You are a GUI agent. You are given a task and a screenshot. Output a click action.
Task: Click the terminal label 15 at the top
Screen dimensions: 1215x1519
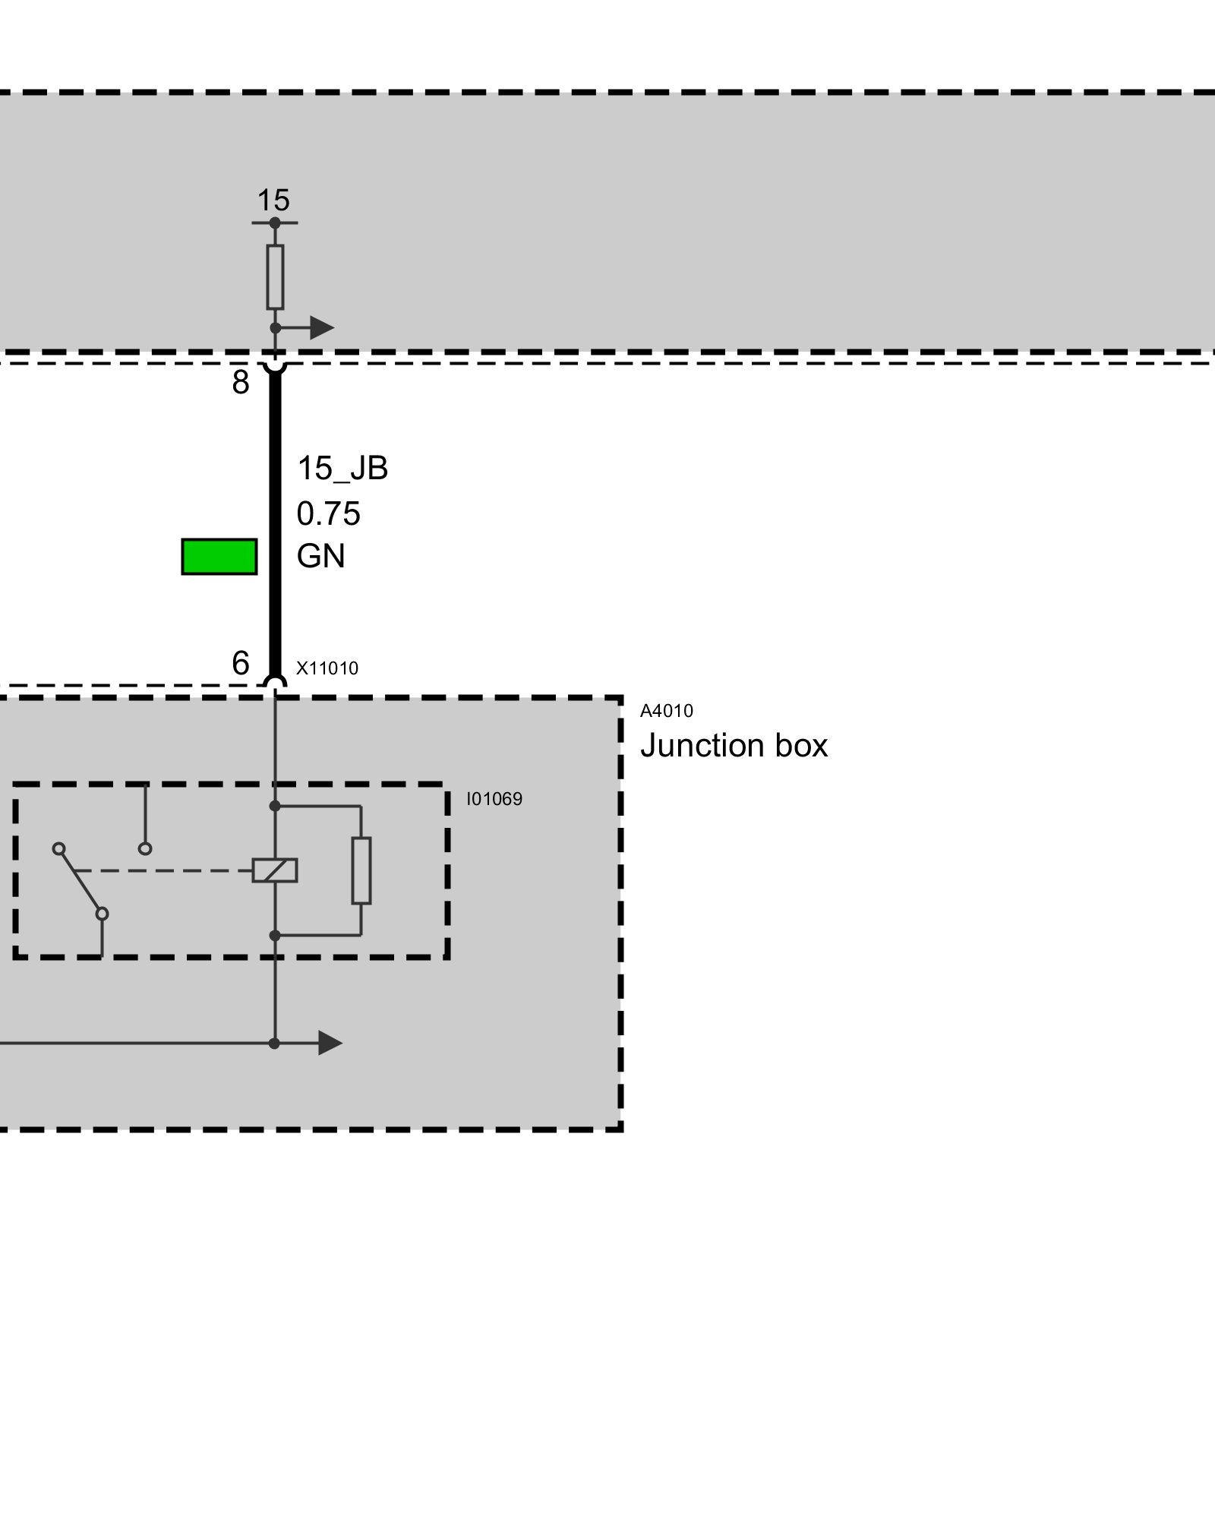pos(273,201)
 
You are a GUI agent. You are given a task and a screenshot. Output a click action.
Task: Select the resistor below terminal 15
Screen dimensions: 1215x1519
pos(275,276)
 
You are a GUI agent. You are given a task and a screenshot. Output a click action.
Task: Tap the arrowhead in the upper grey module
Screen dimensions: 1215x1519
pos(322,328)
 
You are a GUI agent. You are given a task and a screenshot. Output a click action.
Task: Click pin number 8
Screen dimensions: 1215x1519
pos(241,383)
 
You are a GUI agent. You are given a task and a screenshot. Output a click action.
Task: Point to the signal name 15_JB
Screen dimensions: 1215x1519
pos(342,469)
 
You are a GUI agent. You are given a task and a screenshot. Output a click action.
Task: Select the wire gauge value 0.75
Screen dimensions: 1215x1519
pos(328,514)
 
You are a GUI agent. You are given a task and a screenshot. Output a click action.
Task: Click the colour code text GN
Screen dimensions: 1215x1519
pos(320,557)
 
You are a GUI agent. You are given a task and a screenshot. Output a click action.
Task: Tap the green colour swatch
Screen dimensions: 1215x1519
pos(219,557)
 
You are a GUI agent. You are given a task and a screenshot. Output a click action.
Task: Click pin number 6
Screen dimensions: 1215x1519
pos(241,663)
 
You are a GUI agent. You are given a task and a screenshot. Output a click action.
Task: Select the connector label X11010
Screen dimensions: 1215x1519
pos(327,668)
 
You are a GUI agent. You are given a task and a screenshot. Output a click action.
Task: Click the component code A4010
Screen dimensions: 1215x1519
pos(667,711)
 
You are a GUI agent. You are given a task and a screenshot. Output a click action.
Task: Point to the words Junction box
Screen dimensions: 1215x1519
pos(734,746)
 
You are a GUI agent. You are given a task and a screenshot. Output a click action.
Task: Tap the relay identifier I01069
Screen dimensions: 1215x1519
pos(494,799)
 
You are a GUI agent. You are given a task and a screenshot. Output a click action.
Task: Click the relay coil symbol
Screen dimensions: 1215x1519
pos(275,870)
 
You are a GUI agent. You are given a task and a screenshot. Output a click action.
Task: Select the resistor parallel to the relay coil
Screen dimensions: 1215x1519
pos(361,870)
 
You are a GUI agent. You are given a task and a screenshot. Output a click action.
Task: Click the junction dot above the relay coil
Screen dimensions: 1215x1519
pos(275,805)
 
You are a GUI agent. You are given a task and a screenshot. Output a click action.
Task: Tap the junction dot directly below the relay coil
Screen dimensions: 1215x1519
pos(275,936)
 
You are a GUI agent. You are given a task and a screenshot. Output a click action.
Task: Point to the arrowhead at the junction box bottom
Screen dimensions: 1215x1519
pos(330,1044)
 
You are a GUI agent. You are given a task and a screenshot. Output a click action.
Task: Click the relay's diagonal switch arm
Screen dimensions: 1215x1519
pos(80,881)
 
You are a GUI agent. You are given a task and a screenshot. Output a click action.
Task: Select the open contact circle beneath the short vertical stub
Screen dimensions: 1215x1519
pos(145,848)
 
